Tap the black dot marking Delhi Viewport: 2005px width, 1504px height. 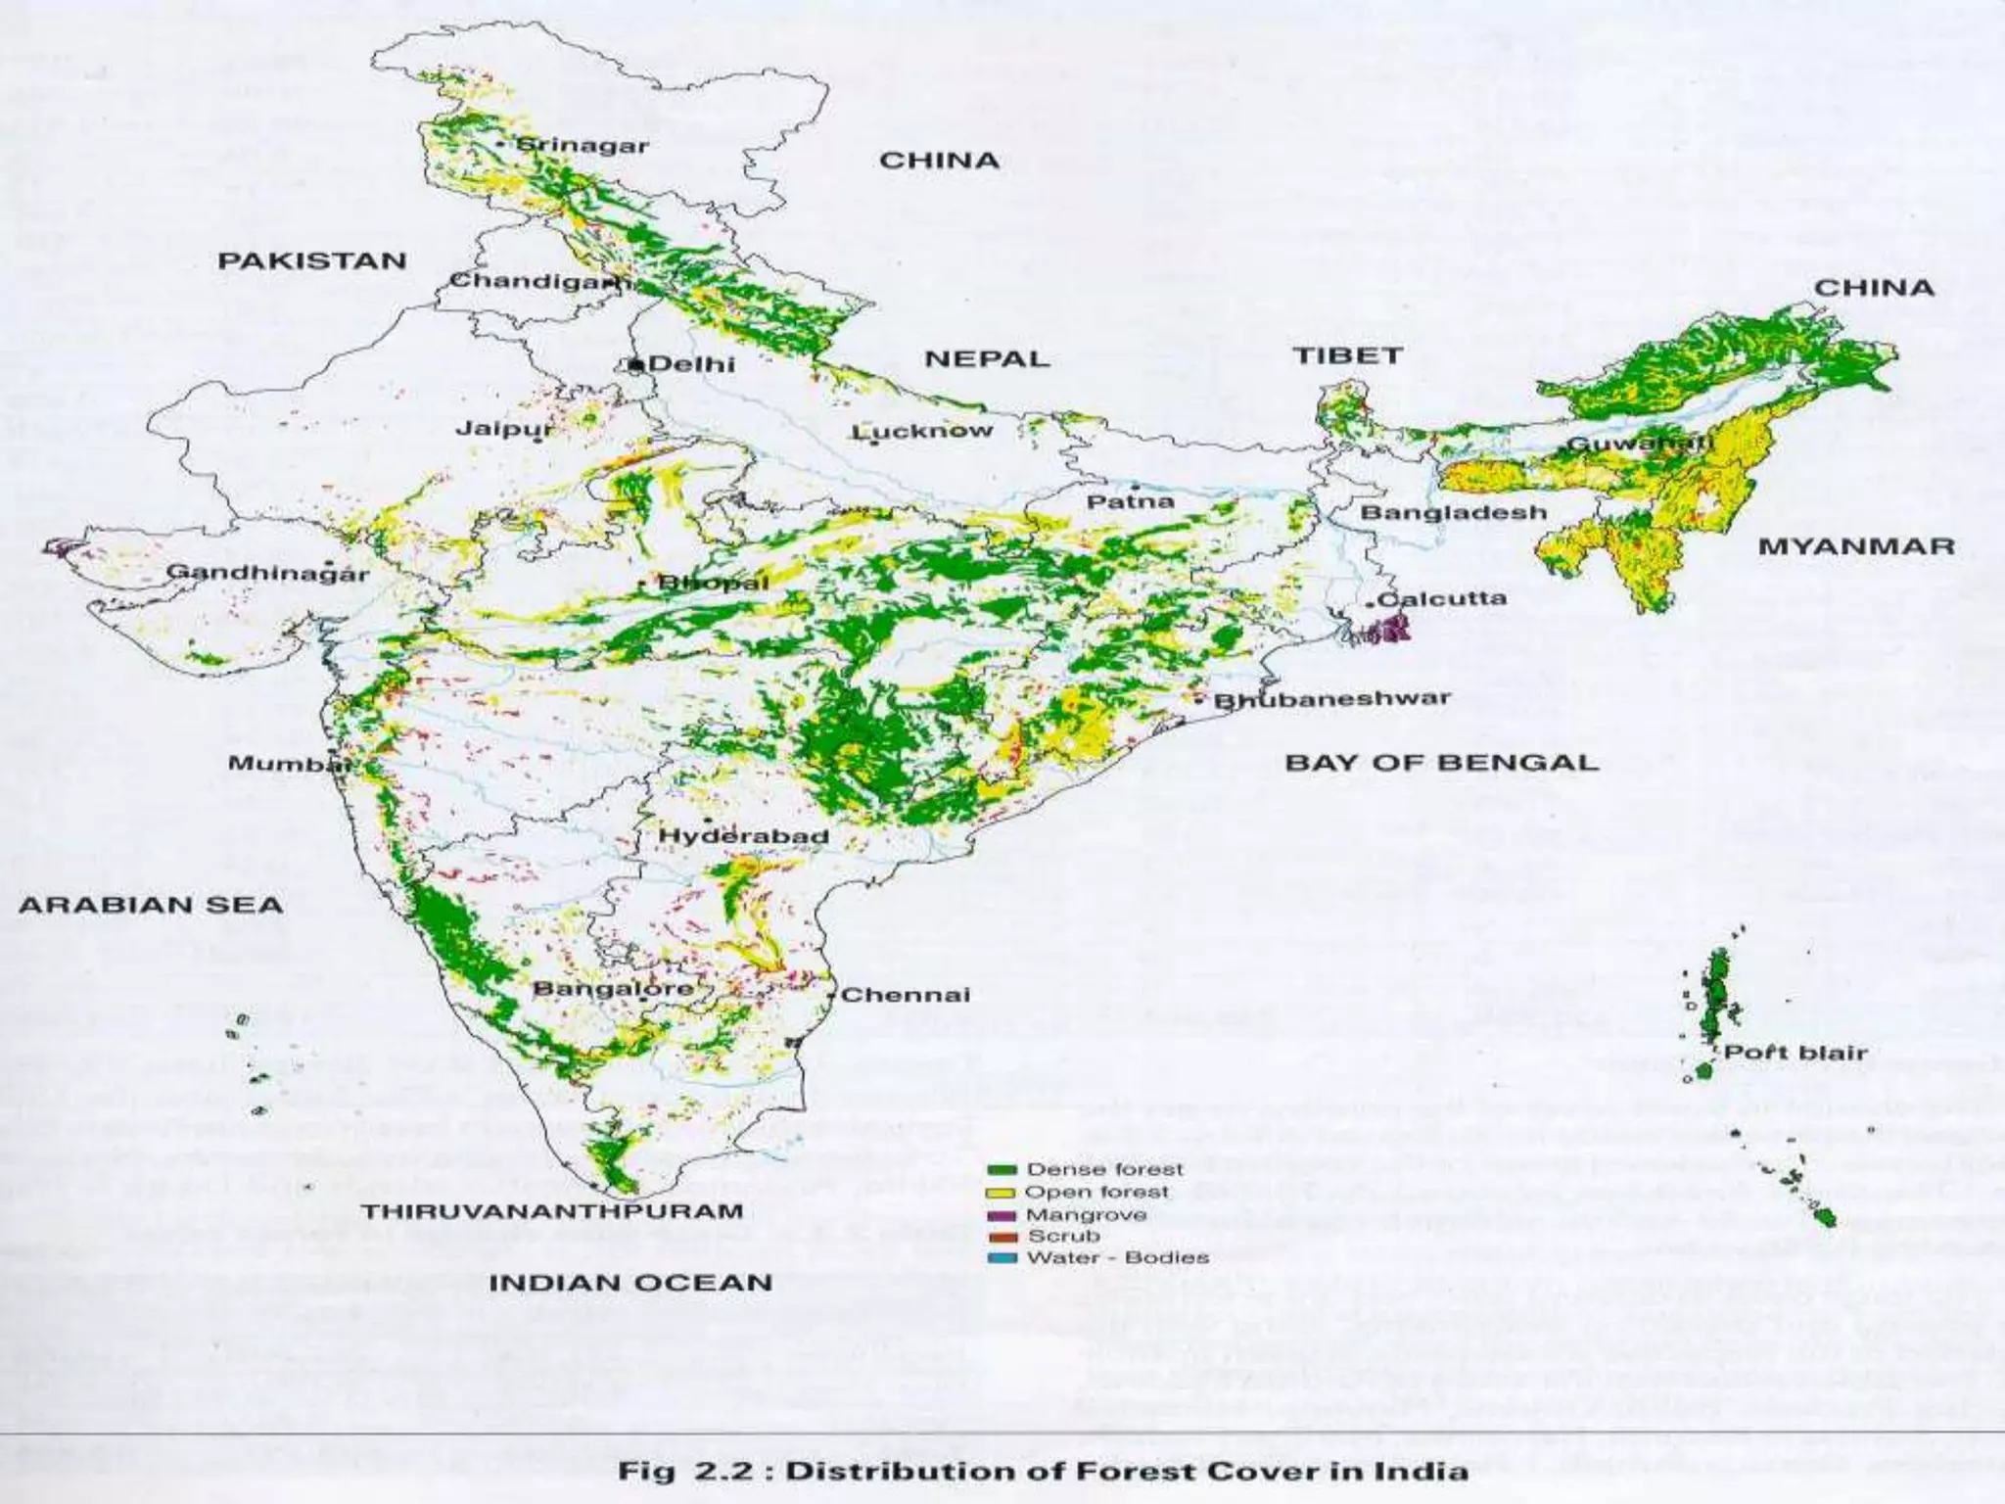coord(636,364)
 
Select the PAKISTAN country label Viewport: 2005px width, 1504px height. coord(311,261)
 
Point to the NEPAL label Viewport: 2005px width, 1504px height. coord(986,359)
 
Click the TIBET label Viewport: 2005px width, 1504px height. coord(1348,355)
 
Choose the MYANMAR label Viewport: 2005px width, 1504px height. coord(1856,546)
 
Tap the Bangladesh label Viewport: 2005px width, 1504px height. coord(1453,513)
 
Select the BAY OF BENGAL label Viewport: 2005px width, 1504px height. coord(1441,763)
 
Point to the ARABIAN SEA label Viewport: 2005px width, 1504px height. coord(151,905)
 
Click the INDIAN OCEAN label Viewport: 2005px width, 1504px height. coord(630,1283)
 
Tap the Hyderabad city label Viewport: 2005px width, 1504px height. coord(743,836)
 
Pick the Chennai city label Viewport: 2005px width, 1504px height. coord(906,995)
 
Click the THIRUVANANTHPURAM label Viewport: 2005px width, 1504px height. coord(552,1211)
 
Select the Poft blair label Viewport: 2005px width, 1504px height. coord(1795,1053)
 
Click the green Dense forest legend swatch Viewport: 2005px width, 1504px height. coord(1001,1170)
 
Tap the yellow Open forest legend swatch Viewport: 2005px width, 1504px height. coord(1001,1193)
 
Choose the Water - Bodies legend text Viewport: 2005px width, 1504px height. coord(1117,1257)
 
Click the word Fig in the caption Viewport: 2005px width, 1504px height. coord(646,1471)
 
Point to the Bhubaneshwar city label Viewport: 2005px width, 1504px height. coord(1331,699)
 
